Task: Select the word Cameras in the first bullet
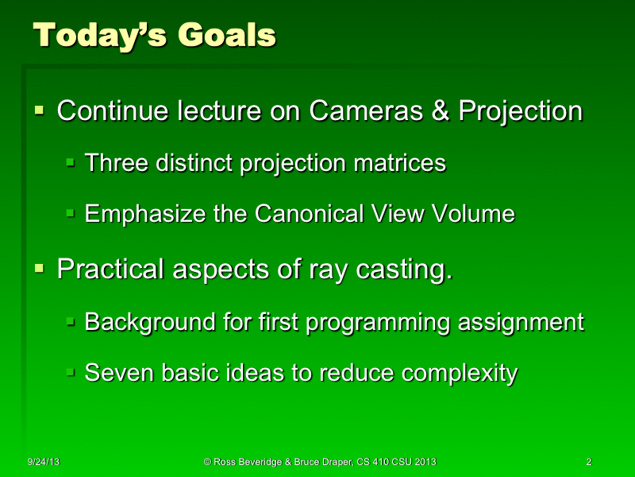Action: (366, 111)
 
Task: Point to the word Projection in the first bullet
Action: (520, 111)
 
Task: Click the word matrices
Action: (398, 163)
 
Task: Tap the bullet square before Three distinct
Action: (70, 163)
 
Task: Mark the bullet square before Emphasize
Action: (70, 214)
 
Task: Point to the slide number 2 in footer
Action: (588, 462)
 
